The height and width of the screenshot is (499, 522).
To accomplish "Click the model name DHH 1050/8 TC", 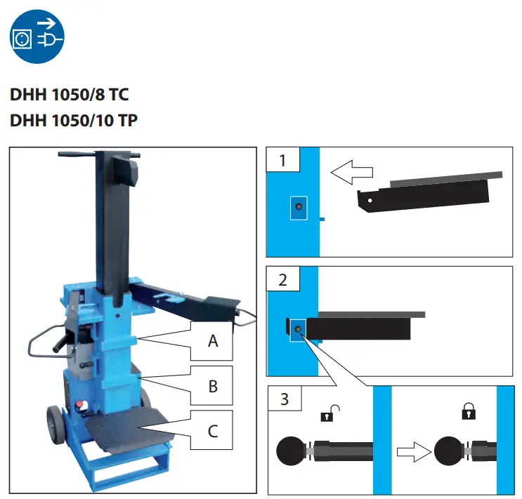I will [x=69, y=94].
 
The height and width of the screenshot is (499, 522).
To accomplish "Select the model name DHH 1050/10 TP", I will [x=74, y=121].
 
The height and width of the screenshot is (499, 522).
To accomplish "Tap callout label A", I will [x=213, y=342].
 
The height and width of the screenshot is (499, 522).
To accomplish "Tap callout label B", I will [x=213, y=386].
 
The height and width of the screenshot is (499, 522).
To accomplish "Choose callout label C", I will [x=213, y=430].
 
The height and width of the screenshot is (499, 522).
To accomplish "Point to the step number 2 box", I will [x=282, y=281].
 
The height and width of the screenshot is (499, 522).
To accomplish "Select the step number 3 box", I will [x=284, y=400].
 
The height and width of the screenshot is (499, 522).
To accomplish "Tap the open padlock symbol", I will [x=327, y=413].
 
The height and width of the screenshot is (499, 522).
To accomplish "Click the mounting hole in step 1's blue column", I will [x=299, y=206].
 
